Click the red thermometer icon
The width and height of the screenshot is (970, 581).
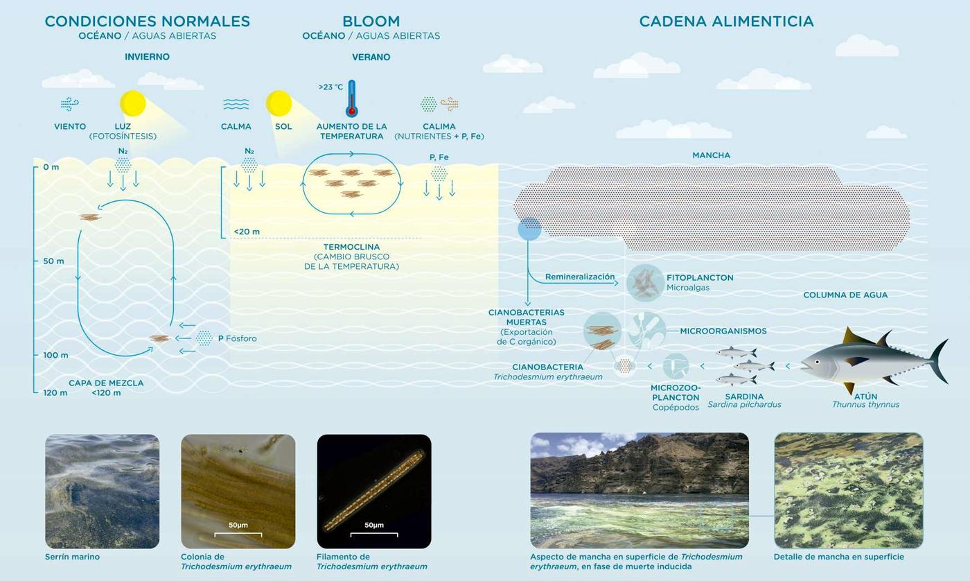352,98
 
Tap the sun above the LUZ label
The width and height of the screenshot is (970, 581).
132,103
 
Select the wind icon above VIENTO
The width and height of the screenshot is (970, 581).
70,104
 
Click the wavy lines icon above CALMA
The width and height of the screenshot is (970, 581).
236,104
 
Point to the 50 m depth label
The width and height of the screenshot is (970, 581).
53,261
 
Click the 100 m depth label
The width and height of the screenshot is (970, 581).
55,355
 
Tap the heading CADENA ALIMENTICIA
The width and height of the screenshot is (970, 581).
726,21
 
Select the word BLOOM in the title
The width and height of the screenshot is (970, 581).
371,21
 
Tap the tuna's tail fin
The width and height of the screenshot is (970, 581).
939,361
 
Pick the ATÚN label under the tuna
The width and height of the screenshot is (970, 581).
865,397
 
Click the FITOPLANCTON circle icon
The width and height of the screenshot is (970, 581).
645,283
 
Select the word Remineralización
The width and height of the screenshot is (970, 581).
580,277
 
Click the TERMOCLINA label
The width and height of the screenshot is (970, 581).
351,247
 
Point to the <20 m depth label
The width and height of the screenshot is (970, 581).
247,232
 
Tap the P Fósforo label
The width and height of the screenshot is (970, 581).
237,338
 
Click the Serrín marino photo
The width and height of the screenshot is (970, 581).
103,492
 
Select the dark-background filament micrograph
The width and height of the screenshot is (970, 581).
374,492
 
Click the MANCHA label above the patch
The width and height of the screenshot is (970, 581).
711,155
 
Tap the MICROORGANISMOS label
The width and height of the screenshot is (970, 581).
723,331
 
